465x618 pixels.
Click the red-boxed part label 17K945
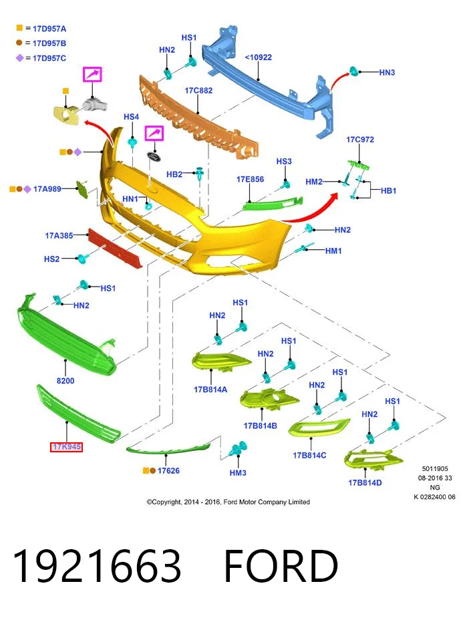tap(66, 447)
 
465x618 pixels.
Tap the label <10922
tap(258, 57)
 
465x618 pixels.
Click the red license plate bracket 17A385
tap(114, 249)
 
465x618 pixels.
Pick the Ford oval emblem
tap(154, 156)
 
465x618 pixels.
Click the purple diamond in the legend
tap(19, 58)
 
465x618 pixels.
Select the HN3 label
tap(387, 72)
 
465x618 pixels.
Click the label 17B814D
tap(365, 483)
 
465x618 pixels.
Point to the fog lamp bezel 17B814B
tap(269, 399)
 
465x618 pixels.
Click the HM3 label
tap(238, 472)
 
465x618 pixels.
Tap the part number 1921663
tap(98, 566)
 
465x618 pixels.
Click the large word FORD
tap(281, 566)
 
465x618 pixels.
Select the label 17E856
tap(251, 179)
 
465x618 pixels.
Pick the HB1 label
tap(388, 191)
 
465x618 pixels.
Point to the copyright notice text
tap(228, 502)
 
